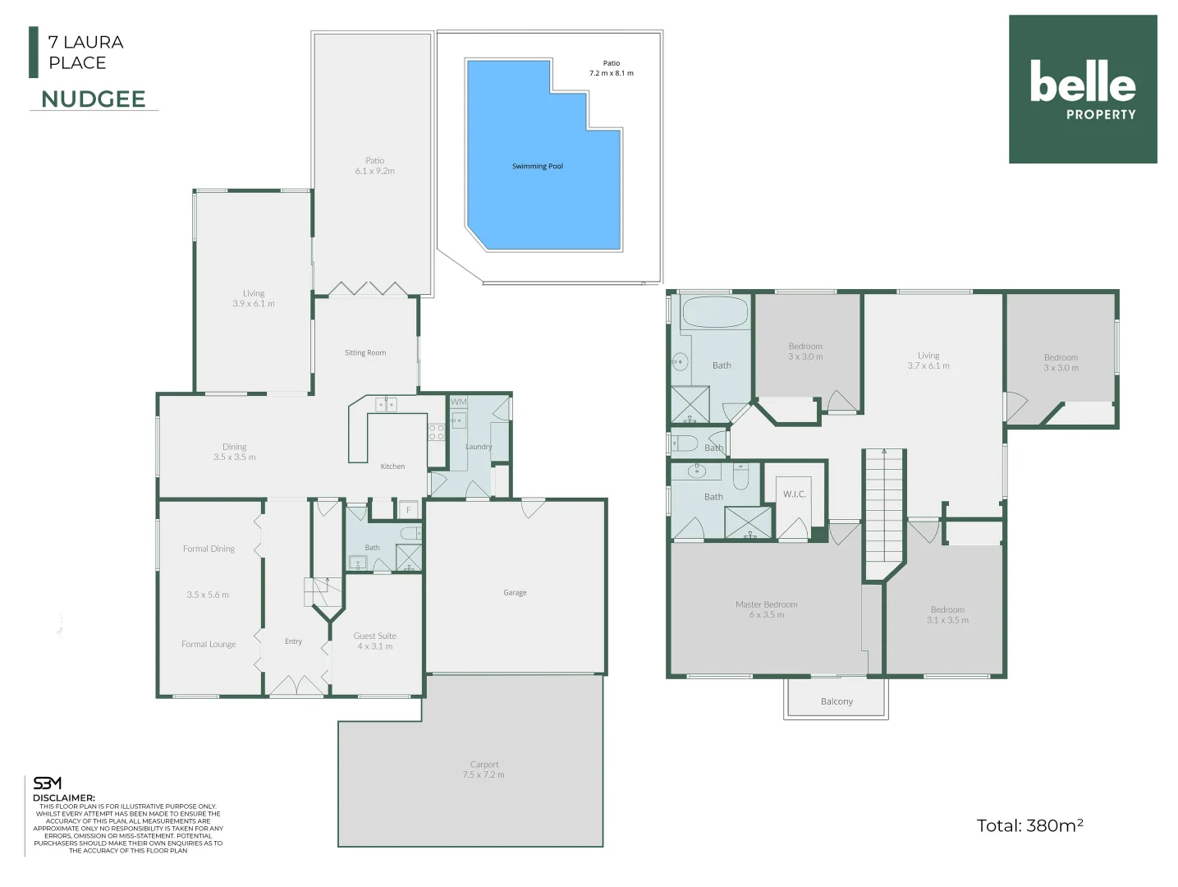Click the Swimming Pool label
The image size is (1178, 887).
(x=538, y=167)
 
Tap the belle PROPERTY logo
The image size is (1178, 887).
(x=1082, y=89)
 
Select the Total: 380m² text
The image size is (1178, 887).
(x=1029, y=825)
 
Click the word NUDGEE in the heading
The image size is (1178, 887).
(x=94, y=99)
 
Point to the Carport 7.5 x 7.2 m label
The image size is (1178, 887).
(x=484, y=770)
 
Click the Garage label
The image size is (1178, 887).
(x=515, y=593)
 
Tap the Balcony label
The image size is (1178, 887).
(x=837, y=701)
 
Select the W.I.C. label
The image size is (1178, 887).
(x=794, y=494)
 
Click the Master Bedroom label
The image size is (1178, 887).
(x=766, y=609)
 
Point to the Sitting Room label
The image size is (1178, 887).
(x=365, y=353)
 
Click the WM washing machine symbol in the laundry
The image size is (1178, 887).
(x=458, y=402)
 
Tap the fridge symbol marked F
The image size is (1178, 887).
(x=408, y=510)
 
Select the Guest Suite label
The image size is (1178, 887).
(x=375, y=641)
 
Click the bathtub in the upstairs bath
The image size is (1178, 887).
(x=715, y=313)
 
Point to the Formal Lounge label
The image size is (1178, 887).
(x=209, y=645)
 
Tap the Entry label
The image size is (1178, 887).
(x=293, y=641)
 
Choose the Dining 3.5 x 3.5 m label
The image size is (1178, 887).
(x=235, y=452)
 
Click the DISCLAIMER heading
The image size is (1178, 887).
(x=64, y=797)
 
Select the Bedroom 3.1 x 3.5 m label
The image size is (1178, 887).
(x=947, y=615)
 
